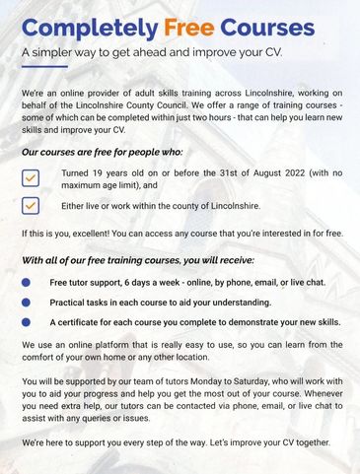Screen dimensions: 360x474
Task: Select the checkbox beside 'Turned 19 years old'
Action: (31, 177)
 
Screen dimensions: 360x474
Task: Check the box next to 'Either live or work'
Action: (31, 206)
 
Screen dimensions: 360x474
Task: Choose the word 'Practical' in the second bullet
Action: (71, 302)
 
